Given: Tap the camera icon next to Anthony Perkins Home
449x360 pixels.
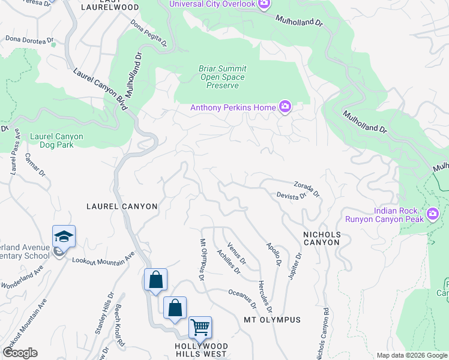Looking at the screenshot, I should tap(285, 108).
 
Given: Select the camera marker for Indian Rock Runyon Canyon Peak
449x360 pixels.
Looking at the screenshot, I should tap(432, 214).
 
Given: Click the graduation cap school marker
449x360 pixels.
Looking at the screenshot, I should tap(64, 236).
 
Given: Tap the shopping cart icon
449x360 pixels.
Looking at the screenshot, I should tap(200, 327).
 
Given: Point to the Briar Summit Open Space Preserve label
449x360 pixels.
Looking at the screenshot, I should tap(222, 77).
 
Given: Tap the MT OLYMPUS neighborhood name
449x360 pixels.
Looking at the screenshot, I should tap(272, 320).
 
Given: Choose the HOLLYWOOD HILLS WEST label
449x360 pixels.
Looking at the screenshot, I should tap(202, 350).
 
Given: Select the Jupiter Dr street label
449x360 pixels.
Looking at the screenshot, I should tap(294, 264).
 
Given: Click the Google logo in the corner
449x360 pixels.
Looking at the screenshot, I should tap(20, 353).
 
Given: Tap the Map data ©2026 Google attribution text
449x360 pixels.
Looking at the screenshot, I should tap(411, 355).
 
